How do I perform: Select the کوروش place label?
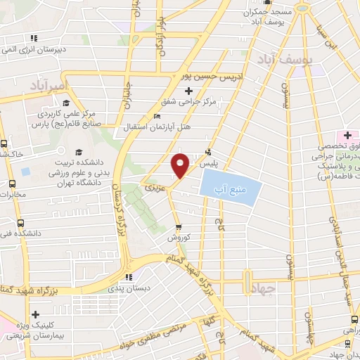180,238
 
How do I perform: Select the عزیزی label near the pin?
154,188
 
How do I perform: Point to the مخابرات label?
11,194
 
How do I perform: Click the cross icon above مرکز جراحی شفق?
188,91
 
